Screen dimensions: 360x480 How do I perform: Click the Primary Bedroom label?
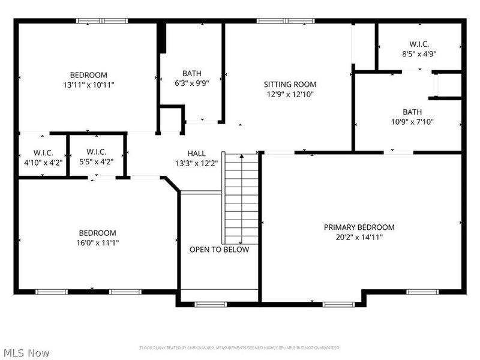click(359, 227)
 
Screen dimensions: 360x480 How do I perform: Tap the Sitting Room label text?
click(290, 85)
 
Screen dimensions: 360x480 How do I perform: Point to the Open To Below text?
click(219, 250)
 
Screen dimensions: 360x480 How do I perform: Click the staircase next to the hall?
click(241, 198)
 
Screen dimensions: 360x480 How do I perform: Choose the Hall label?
click(196, 154)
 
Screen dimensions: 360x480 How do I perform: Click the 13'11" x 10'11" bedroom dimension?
click(88, 85)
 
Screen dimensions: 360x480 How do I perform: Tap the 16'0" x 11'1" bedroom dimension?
click(97, 243)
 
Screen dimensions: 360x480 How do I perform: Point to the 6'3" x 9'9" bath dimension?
click(192, 84)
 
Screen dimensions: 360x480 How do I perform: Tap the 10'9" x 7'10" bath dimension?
click(412, 122)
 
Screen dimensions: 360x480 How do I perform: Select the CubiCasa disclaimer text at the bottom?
click(240, 348)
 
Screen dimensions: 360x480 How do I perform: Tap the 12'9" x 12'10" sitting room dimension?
click(290, 94)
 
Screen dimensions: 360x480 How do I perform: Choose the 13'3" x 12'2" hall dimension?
click(196, 163)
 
